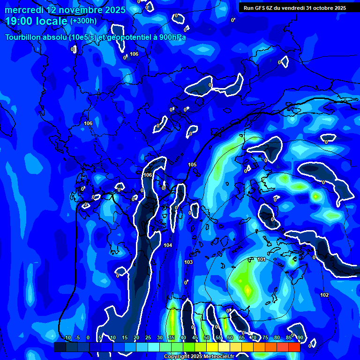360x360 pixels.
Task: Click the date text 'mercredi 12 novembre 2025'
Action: pyautogui.click(x=65, y=10)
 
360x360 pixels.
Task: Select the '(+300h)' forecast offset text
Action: pyautogui.click(x=83, y=21)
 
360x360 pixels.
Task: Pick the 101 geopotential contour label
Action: pyautogui.click(x=262, y=259)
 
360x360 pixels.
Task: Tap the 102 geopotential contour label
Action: pyautogui.click(x=324, y=295)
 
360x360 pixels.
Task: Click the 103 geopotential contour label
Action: pyautogui.click(x=188, y=262)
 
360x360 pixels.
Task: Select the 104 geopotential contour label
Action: pyautogui.click(x=168, y=245)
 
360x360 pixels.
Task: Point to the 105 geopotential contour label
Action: pyautogui.click(x=192, y=165)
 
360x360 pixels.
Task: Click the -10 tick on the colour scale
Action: pyautogui.click(x=67, y=338)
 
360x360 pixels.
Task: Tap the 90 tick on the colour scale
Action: pyautogui.click(x=300, y=338)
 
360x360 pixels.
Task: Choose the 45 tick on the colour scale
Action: pyautogui.click(x=195, y=338)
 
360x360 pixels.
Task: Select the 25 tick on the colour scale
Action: pyautogui.click(x=148, y=338)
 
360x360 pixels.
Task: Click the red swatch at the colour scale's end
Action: pyautogui.click(x=294, y=347)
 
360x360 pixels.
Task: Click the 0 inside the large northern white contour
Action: pyautogui.click(x=210, y=85)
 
